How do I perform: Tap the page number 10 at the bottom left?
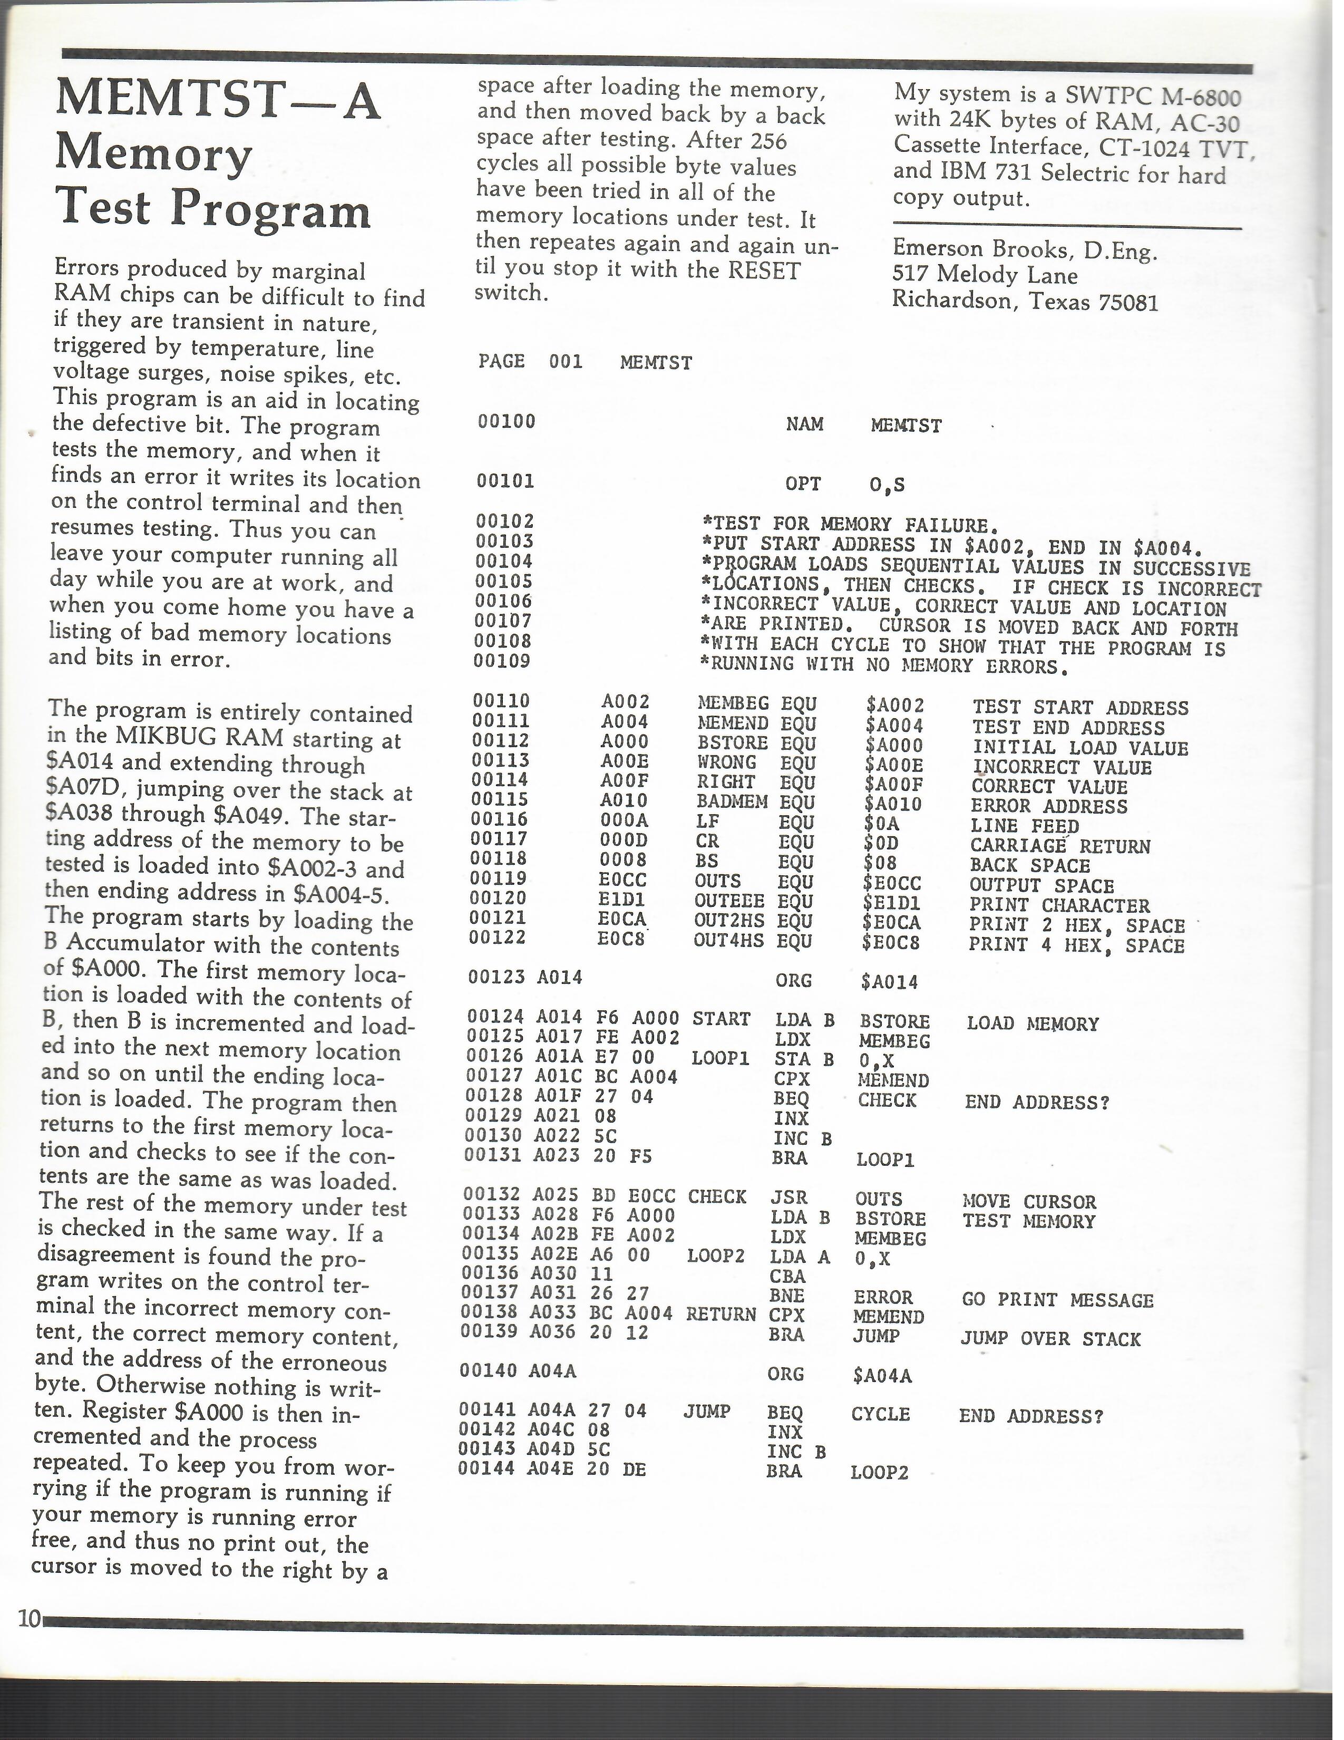(x=30, y=1618)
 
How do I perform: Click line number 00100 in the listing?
(x=507, y=421)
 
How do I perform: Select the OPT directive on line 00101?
(x=803, y=484)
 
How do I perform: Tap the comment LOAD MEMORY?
(x=1032, y=1024)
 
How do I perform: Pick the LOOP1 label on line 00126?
(x=720, y=1059)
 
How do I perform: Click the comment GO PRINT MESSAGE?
(x=1057, y=1300)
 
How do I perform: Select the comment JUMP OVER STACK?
(x=1050, y=1339)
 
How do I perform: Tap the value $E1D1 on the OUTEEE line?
(x=892, y=903)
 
